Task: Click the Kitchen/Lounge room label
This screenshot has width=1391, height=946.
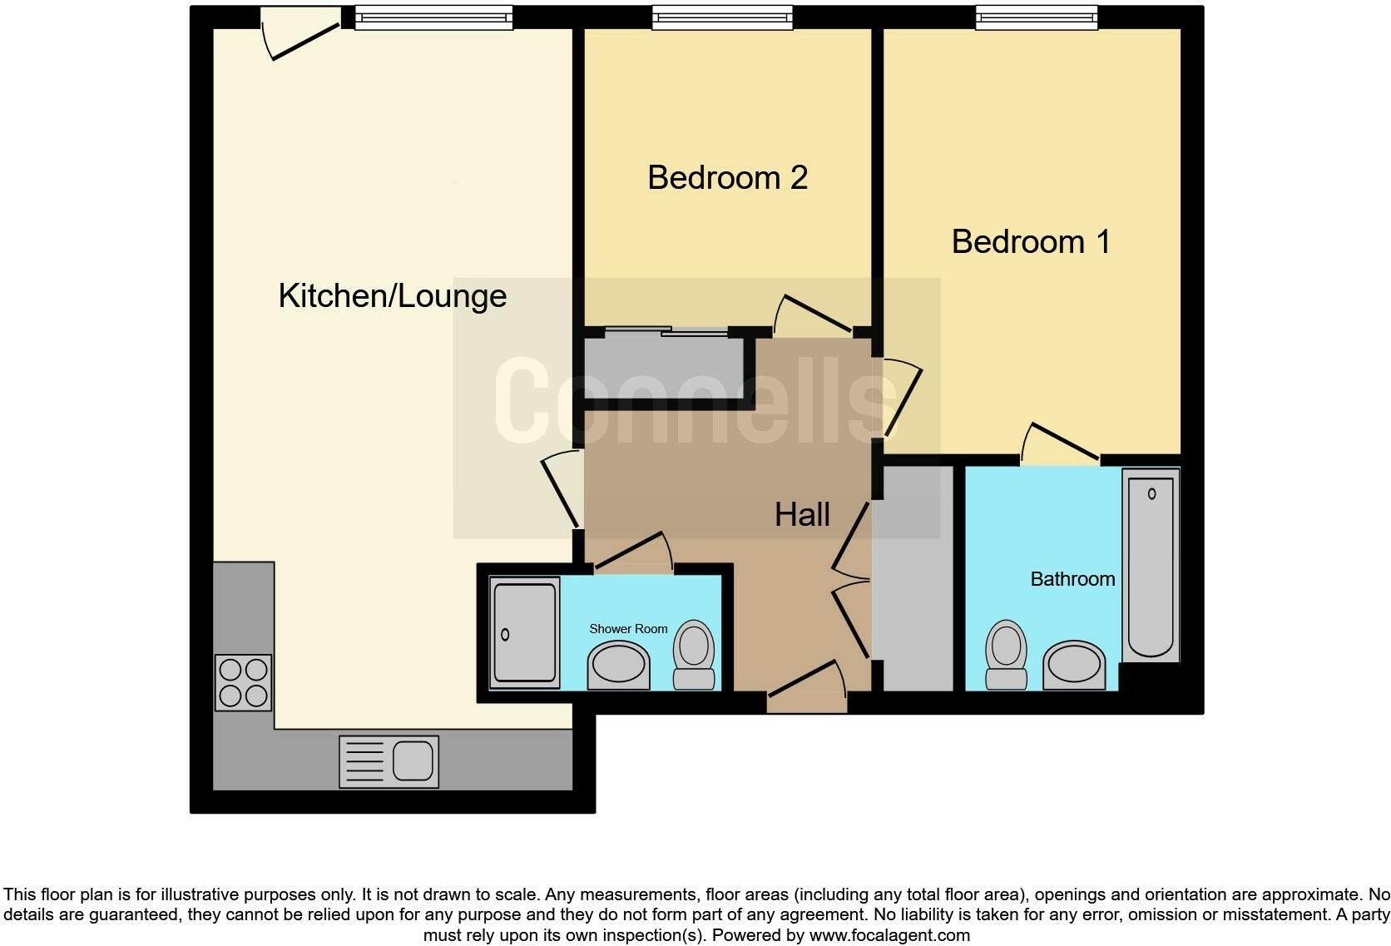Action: pos(392,296)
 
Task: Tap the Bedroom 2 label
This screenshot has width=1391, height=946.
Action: pos(727,177)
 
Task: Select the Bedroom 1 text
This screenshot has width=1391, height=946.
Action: pos(1030,242)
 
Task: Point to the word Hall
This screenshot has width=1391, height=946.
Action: pos(802,514)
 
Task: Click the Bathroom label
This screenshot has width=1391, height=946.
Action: pos(1072,579)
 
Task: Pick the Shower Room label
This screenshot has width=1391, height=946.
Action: pos(628,629)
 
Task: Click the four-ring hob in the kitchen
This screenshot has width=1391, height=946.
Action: pos(244,682)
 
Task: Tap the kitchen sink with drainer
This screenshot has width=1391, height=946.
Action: pos(389,760)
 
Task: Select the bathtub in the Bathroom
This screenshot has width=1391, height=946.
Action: pos(1151,566)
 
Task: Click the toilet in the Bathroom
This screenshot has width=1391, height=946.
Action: pos(1006,654)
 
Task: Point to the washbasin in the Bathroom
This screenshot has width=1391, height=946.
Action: pos(1073,665)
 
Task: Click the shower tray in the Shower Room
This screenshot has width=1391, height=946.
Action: pos(524,633)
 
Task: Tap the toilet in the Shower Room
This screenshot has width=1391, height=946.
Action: pos(694,654)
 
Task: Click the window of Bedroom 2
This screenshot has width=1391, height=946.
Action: pos(722,17)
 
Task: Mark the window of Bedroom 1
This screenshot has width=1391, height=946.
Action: pos(1036,17)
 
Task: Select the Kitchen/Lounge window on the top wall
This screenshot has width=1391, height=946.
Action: pos(433,17)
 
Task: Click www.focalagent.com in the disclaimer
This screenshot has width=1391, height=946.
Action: pos(889,935)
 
